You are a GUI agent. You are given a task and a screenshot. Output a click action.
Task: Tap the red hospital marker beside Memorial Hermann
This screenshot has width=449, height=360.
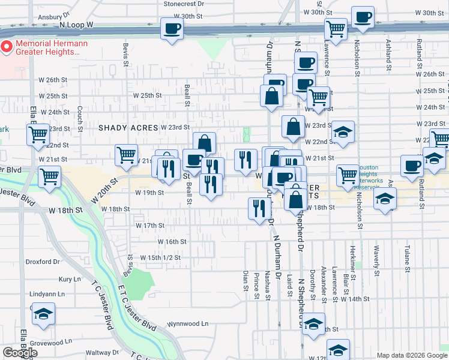(7, 46)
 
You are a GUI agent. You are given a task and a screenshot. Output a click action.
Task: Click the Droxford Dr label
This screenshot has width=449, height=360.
(44, 262)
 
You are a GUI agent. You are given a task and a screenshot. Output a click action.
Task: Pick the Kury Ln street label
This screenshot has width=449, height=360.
(70, 280)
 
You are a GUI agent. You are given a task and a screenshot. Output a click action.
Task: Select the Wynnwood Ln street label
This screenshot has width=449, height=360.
(188, 323)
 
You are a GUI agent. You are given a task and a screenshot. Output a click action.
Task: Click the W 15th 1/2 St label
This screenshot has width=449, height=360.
(160, 257)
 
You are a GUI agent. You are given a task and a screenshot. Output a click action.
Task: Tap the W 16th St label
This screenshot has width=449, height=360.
(172, 241)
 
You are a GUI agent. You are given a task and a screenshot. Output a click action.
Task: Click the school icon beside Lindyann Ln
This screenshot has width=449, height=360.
(43, 314)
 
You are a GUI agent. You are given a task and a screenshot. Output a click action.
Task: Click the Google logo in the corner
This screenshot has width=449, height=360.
(20, 353)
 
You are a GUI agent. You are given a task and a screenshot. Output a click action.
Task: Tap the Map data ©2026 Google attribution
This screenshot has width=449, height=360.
(412, 355)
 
